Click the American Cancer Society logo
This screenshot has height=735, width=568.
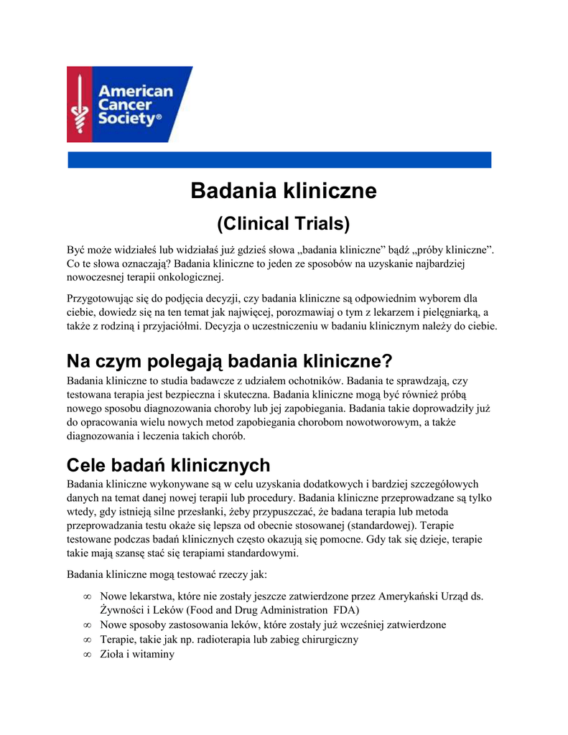click(129, 104)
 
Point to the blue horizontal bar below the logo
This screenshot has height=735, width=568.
click(279, 160)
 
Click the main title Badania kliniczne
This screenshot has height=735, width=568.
click(284, 192)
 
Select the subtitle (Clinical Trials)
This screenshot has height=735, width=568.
click(284, 224)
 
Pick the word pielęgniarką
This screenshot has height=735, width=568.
click(449, 312)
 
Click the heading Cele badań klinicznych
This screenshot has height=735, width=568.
click(168, 464)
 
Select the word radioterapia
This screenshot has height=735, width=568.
click(221, 639)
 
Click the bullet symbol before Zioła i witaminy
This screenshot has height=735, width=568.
click(87, 654)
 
